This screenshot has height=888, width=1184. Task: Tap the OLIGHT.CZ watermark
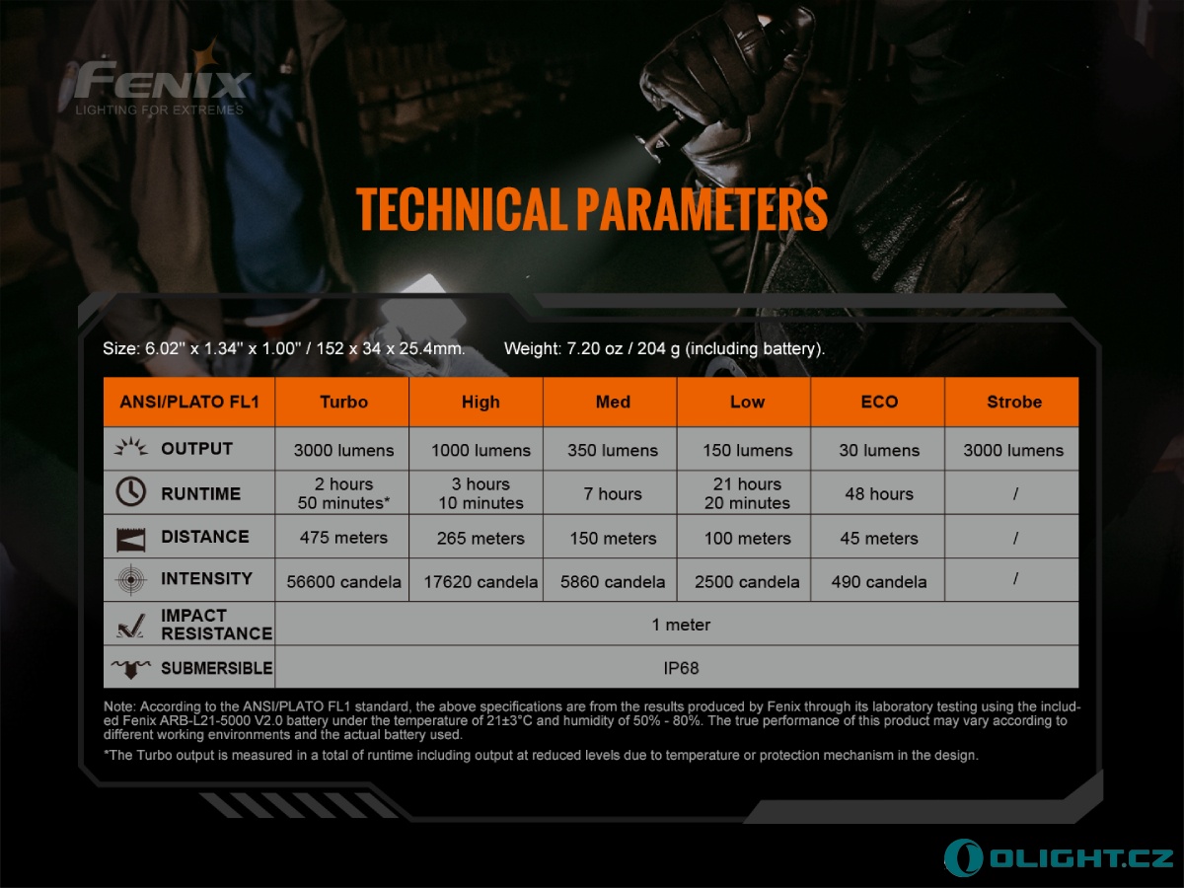(1059, 857)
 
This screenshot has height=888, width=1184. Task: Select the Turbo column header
(343, 402)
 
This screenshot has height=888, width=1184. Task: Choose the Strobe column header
(1014, 402)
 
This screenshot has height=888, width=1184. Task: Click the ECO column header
(879, 402)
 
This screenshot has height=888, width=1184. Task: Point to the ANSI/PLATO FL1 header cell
(189, 402)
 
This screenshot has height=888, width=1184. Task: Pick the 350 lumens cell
(613, 450)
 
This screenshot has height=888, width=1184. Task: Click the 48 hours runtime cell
(879, 494)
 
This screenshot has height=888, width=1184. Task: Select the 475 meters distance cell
(343, 538)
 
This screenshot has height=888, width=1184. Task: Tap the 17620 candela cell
(481, 582)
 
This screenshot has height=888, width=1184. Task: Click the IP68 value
(681, 668)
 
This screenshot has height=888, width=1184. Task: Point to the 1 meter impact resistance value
(681, 625)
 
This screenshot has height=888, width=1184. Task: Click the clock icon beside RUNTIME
(130, 491)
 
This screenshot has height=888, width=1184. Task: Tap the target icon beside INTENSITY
(130, 579)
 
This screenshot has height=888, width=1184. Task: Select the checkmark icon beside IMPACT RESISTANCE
(130, 626)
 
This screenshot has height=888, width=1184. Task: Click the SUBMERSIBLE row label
(217, 668)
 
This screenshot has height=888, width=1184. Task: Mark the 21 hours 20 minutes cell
(747, 493)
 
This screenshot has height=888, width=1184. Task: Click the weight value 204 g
(659, 349)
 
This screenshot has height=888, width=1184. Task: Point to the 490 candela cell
(879, 582)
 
